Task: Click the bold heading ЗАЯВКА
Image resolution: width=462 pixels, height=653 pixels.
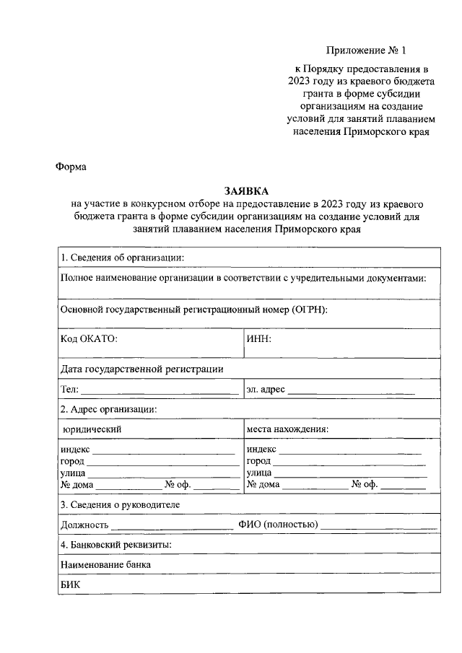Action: [245, 191]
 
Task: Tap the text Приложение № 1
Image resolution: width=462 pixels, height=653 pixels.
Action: [367, 51]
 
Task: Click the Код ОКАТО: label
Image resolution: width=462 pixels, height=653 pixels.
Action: [89, 338]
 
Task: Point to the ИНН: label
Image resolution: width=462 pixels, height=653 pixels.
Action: [258, 338]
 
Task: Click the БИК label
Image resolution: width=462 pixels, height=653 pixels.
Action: [69, 585]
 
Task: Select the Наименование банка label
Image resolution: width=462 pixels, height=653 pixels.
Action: [106, 565]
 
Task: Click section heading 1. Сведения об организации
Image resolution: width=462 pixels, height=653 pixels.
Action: [122, 258]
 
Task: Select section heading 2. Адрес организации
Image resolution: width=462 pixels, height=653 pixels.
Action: [109, 409]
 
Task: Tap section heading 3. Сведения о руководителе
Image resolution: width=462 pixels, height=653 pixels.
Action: [120, 504]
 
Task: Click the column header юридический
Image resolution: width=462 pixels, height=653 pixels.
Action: [92, 429]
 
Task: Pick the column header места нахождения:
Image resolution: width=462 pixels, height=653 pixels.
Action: [287, 429]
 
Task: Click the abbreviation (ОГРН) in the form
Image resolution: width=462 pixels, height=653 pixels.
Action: [310, 310]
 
